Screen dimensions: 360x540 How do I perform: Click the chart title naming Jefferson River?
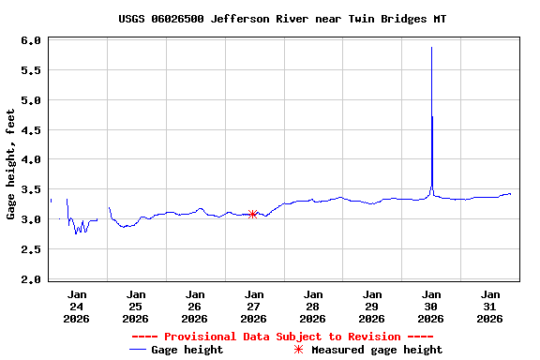[x=282, y=19]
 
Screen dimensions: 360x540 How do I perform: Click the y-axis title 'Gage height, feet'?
[x=10, y=164]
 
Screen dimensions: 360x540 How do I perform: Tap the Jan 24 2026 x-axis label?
[x=77, y=306]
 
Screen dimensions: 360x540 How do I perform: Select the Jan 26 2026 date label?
[x=194, y=306]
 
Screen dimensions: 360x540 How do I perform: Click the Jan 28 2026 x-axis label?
[x=312, y=306]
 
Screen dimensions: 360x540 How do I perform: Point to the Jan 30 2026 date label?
[x=430, y=306]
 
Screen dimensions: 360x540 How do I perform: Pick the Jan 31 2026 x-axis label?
[x=489, y=306]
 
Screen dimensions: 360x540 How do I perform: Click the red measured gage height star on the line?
[x=253, y=215]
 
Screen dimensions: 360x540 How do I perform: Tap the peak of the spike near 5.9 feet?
[x=431, y=48]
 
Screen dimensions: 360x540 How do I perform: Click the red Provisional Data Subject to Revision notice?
[x=282, y=337]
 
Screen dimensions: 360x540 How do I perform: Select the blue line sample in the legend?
[x=139, y=350]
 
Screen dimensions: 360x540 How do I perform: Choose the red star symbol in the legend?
[x=299, y=350]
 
